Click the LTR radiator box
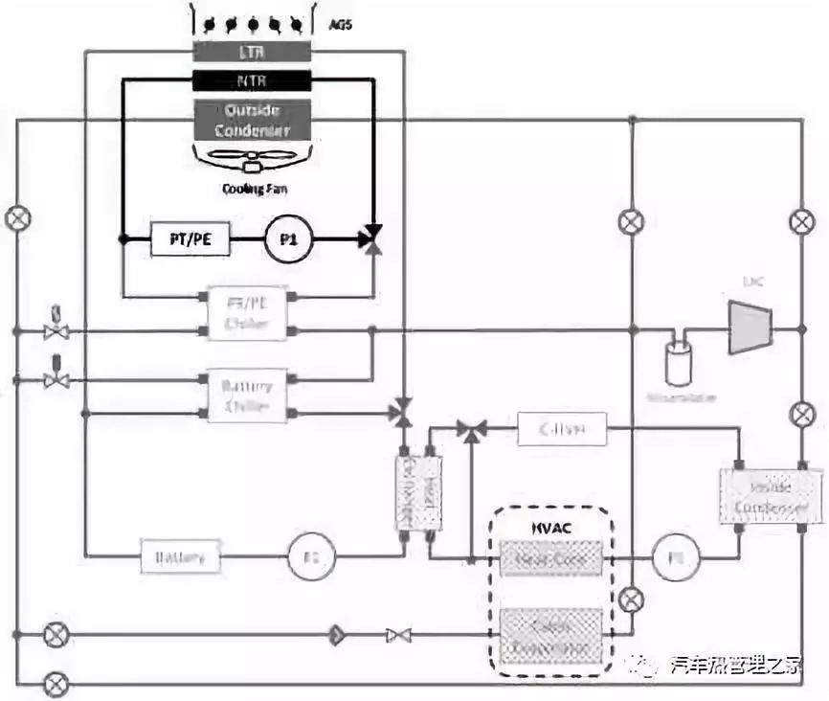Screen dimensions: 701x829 252,52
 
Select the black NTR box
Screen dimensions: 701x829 252,80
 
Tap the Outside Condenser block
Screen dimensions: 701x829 252,121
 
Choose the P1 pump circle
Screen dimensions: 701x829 289,241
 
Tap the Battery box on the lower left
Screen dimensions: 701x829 180,556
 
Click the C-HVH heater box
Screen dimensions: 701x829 563,429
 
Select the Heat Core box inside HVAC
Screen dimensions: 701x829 551,557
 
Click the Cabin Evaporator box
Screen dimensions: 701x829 551,636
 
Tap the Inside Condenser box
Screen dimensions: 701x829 771,495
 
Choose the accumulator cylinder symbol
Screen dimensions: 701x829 681,362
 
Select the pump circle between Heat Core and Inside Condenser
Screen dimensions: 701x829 676,557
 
